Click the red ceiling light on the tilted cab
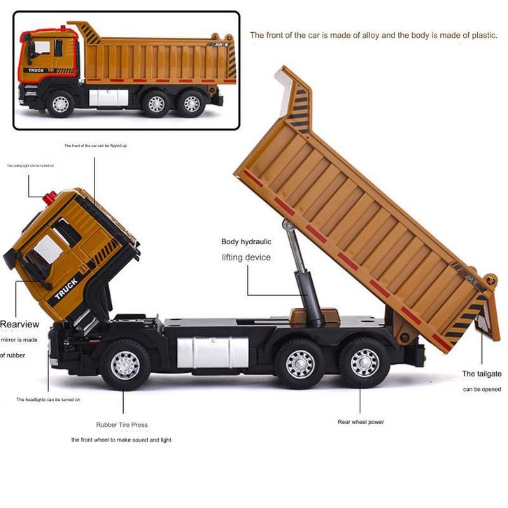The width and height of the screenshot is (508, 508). [50, 198]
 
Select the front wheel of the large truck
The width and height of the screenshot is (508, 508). [125, 364]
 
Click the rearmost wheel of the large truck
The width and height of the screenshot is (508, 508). [364, 362]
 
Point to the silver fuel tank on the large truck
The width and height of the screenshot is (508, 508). [213, 351]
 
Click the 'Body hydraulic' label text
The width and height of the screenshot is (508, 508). [246, 241]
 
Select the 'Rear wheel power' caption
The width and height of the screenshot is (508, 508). [360, 422]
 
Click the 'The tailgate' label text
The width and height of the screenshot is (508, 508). [481, 374]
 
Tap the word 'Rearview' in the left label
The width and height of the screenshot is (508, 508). [19, 324]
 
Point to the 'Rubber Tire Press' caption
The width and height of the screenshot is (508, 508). [122, 425]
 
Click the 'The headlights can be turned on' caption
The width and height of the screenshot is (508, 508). [48, 400]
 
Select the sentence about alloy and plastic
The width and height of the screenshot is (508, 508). [374, 35]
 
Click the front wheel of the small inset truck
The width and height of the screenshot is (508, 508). [61, 104]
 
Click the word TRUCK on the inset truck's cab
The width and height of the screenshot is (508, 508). [35, 70]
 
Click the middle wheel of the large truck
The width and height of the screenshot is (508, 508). [300, 363]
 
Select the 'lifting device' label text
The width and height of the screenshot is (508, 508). [246, 257]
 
